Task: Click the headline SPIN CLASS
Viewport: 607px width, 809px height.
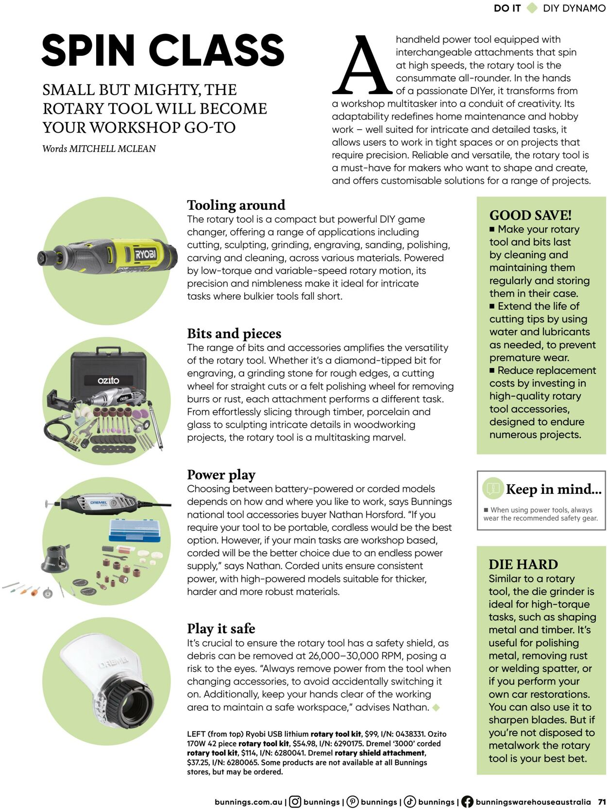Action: (163, 51)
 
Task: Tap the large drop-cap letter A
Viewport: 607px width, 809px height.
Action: (362, 66)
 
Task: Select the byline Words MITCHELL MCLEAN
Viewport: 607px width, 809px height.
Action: (99, 149)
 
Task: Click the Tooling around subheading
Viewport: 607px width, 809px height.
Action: (236, 205)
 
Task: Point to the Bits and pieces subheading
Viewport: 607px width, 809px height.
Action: (234, 334)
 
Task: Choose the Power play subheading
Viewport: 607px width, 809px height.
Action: (221, 474)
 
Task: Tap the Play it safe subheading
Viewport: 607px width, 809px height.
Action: (221, 628)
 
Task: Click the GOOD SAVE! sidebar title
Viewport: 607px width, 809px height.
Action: (530, 215)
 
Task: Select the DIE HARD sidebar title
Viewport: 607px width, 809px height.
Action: (523, 564)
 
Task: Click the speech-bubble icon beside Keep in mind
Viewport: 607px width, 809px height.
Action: (493, 489)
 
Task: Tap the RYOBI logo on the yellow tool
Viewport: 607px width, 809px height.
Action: (145, 254)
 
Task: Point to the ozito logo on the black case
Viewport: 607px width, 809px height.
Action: (108, 380)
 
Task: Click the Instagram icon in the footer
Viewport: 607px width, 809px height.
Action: (295, 802)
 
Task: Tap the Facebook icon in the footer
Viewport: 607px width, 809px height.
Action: (467, 802)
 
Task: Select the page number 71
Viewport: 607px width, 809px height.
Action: (602, 802)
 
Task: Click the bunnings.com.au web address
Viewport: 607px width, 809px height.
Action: (248, 802)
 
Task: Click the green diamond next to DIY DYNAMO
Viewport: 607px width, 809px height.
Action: (532, 8)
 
